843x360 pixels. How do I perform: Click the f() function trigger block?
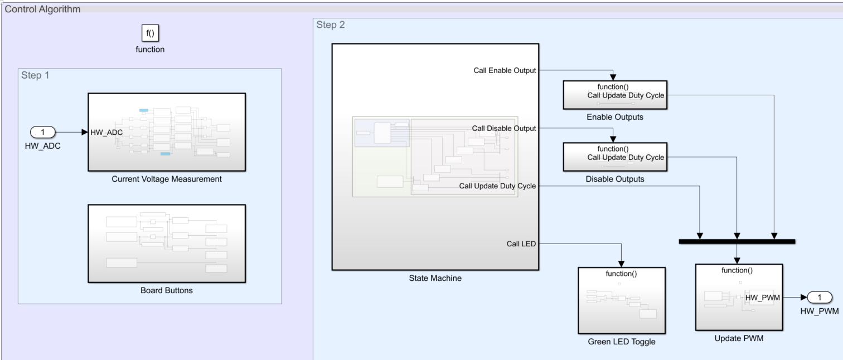click(x=150, y=33)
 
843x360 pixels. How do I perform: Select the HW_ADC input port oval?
click(x=42, y=133)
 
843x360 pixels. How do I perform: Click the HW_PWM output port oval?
click(x=819, y=298)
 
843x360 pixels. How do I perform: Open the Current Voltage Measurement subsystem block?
click(x=166, y=132)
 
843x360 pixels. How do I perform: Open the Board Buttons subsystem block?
click(x=166, y=244)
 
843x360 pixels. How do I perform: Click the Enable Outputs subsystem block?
click(x=614, y=95)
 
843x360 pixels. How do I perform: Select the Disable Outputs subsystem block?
click(x=614, y=157)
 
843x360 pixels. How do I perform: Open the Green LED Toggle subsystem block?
click(x=621, y=300)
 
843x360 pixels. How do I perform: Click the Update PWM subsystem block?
click(x=739, y=297)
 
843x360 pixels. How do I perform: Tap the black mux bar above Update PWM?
click(x=737, y=241)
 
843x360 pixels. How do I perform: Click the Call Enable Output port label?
click(x=505, y=71)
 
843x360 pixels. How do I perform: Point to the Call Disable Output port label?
click(x=504, y=129)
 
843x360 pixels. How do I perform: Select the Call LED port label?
click(x=521, y=244)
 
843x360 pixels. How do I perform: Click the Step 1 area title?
click(x=35, y=75)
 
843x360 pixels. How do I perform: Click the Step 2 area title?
click(x=331, y=25)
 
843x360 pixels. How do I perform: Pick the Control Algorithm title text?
click(x=42, y=9)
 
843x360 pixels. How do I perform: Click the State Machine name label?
click(x=435, y=278)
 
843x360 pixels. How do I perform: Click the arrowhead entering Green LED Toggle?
click(x=621, y=264)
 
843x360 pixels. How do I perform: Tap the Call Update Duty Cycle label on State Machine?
click(x=497, y=186)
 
